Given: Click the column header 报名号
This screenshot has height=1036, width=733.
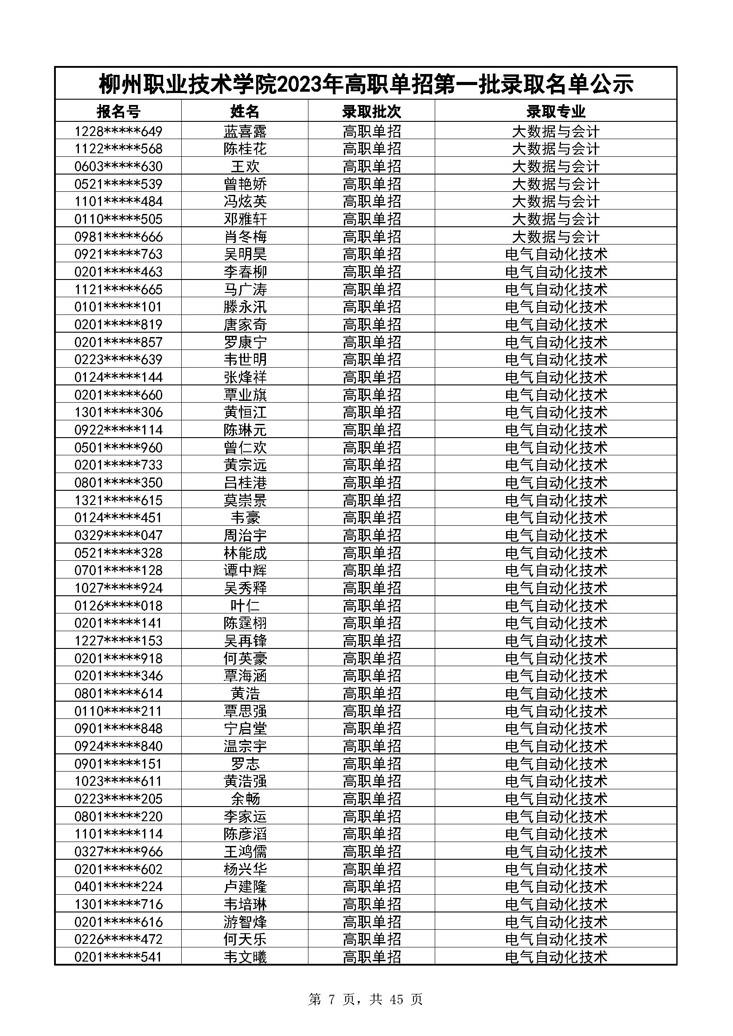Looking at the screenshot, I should pos(118,111).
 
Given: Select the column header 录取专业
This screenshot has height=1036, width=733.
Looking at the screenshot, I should pos(556,111).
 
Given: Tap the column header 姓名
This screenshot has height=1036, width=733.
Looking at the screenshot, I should pos(245,111).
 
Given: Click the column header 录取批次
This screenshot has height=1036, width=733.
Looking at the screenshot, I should pos(371,111).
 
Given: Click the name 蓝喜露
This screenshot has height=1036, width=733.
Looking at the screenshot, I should pos(245,131).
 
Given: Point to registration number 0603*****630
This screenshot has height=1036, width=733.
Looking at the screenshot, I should pos(118,167).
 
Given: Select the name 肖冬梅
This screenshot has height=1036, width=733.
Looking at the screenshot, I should pos(245,237).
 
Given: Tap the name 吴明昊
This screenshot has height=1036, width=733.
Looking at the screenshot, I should pos(245,254).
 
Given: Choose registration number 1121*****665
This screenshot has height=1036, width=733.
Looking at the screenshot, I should pos(118,289).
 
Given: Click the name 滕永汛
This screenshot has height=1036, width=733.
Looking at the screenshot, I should pos(245,307).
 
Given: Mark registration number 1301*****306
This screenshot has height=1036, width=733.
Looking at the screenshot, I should pos(118,412).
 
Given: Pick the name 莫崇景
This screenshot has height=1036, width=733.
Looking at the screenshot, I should pos(245,500).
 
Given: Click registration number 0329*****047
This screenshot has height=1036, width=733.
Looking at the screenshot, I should pos(118,535).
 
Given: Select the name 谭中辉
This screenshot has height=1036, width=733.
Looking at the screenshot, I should pos(245,570).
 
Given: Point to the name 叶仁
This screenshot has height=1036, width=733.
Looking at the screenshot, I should pos(245,605).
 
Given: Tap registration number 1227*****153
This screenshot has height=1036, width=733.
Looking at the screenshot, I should pos(118,641).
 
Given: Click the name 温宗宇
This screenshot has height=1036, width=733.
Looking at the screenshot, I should pos(245,746).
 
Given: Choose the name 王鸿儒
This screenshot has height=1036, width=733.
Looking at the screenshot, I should pos(245,851).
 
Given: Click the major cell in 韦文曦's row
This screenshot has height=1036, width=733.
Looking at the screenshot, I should pos(556,957).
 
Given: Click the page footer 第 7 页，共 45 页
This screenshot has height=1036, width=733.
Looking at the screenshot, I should pos(366,999).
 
